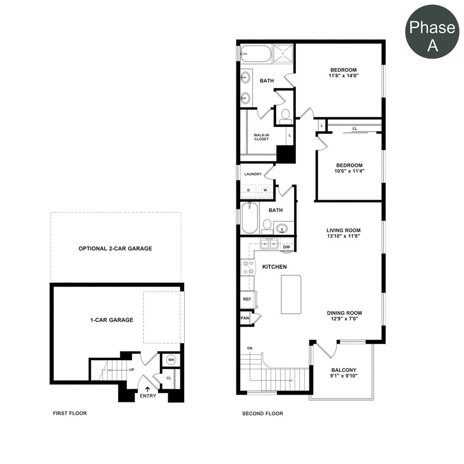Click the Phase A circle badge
pos(433,32)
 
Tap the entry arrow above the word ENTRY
pos(147,389)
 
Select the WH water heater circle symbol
pos(171,360)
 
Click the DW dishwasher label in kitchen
pos(286,247)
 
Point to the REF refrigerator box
pos(247,299)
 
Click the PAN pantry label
pos(245,318)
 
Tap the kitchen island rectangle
pos(291,294)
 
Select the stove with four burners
pos(248,268)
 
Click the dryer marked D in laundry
pos(248,190)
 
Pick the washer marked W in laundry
pos(265,190)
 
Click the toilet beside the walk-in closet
pos(285,115)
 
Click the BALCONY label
pos(344,370)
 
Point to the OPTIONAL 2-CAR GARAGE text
pos(115,248)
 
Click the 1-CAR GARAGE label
pos(112,319)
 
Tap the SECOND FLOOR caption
pos(263,413)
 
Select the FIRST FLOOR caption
pos(70,413)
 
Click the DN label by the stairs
pos(250,349)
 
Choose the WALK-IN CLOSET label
pos(261,137)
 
